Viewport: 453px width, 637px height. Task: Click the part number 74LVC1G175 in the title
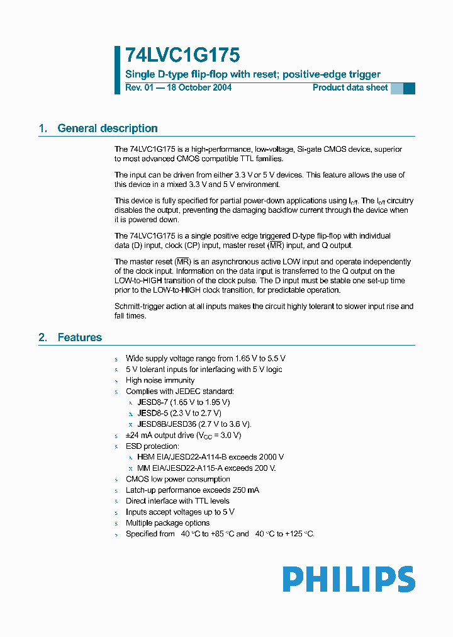(x=182, y=55)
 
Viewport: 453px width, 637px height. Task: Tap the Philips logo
(x=349, y=579)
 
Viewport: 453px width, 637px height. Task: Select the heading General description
(x=108, y=128)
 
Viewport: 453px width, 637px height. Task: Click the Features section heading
(x=79, y=337)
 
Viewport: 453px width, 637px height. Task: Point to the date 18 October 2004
(x=197, y=87)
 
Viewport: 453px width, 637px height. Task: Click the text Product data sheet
(x=350, y=87)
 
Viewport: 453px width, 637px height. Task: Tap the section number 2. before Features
(x=43, y=337)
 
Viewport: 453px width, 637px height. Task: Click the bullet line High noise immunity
(x=160, y=380)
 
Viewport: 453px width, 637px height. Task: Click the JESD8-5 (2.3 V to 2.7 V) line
(x=179, y=413)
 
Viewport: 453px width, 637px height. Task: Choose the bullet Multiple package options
(x=167, y=523)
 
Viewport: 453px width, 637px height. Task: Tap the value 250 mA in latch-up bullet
(x=245, y=490)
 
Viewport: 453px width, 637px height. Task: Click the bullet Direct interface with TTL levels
(x=177, y=501)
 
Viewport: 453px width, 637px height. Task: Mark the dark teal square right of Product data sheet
(x=409, y=88)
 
